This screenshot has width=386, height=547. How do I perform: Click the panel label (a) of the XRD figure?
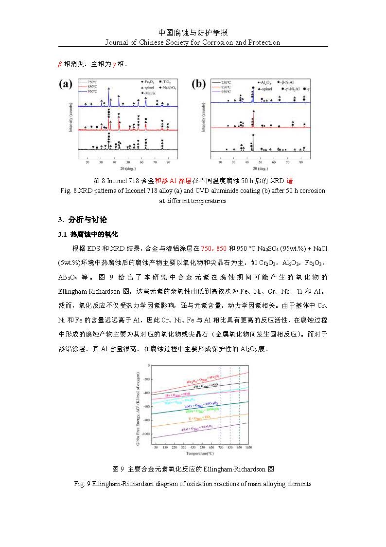click(66, 85)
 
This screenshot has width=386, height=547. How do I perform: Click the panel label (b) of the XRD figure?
click(198, 85)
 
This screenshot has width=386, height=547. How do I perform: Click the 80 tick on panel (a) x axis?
click(168, 162)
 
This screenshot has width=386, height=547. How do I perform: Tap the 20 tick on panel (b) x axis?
click(220, 162)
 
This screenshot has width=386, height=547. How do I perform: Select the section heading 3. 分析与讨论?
click(83, 219)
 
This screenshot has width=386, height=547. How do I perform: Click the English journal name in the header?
click(193, 42)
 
